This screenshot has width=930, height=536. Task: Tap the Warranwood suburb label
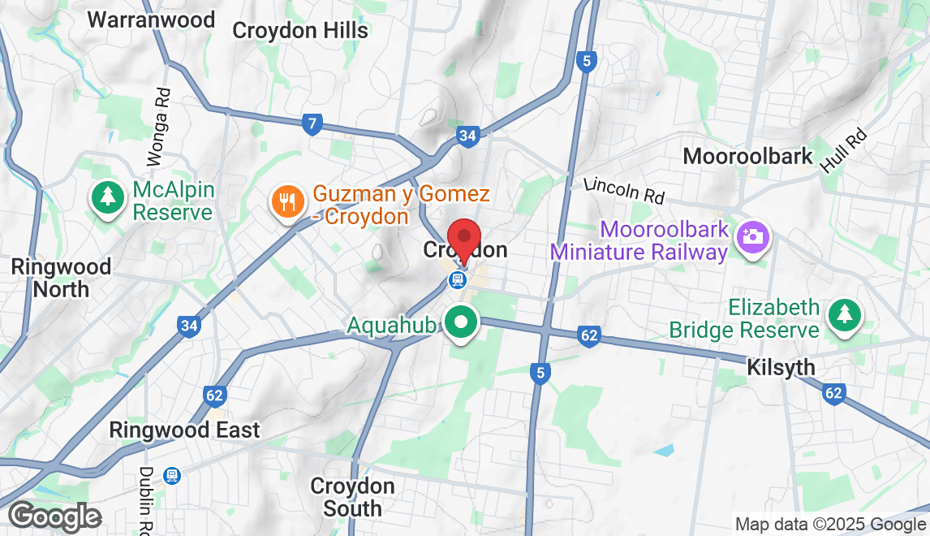(151, 19)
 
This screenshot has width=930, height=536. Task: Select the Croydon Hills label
(300, 31)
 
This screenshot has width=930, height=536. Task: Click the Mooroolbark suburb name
(747, 156)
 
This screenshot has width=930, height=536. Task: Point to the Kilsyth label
(781, 368)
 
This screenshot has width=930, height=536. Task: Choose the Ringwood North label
(61, 277)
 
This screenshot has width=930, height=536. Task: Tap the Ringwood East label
(185, 430)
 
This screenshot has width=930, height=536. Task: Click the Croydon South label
(352, 497)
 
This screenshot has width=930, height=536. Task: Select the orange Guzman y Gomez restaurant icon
(286, 200)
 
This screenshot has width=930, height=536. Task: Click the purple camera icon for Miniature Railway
(752, 237)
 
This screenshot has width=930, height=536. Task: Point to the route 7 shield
(312, 124)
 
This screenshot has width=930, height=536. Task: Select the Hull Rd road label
(843, 151)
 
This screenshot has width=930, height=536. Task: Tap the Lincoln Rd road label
(624, 192)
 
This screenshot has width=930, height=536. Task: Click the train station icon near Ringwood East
(171, 475)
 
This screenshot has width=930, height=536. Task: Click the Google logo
(55, 517)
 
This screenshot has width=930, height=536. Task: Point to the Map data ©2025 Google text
(830, 524)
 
